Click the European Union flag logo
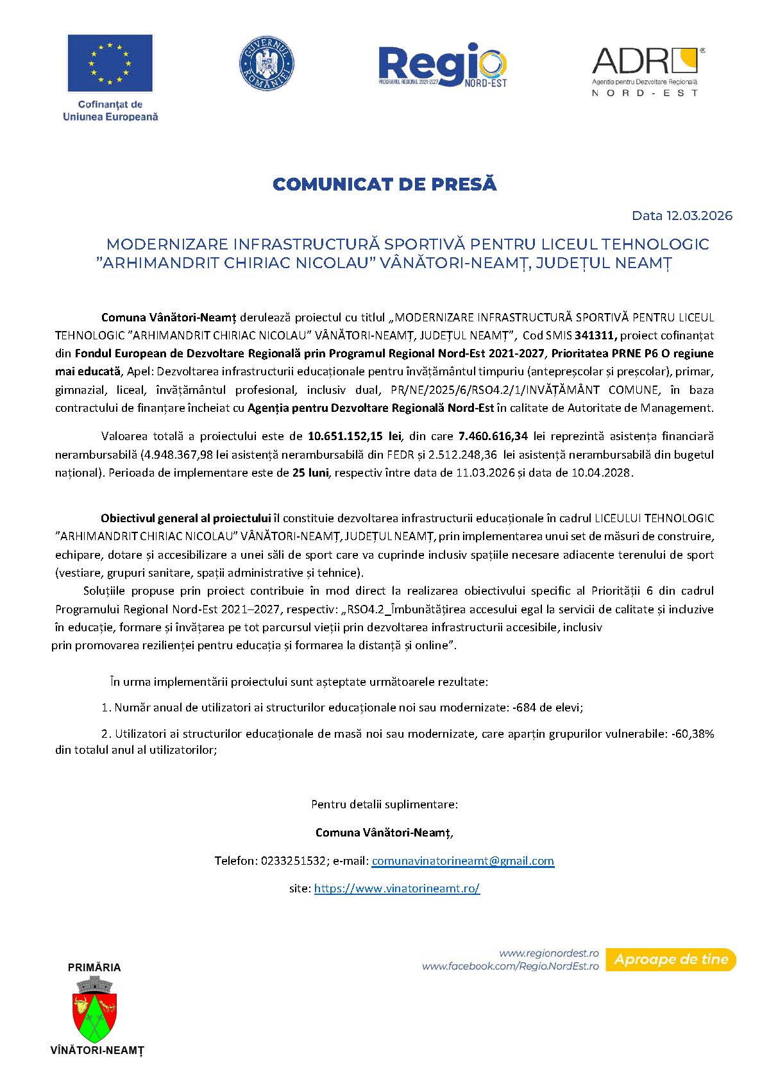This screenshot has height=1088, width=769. [x=110, y=63]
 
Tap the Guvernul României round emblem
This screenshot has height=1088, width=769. [x=266, y=64]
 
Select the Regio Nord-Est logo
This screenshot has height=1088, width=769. [x=443, y=65]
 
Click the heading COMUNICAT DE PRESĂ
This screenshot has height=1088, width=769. [x=385, y=184]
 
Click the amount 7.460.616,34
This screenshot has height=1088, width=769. [x=493, y=436]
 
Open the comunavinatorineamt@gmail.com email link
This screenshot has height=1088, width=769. [x=462, y=861]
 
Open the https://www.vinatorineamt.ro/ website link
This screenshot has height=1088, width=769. [x=397, y=888]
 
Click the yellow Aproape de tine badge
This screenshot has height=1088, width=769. [x=671, y=960]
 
